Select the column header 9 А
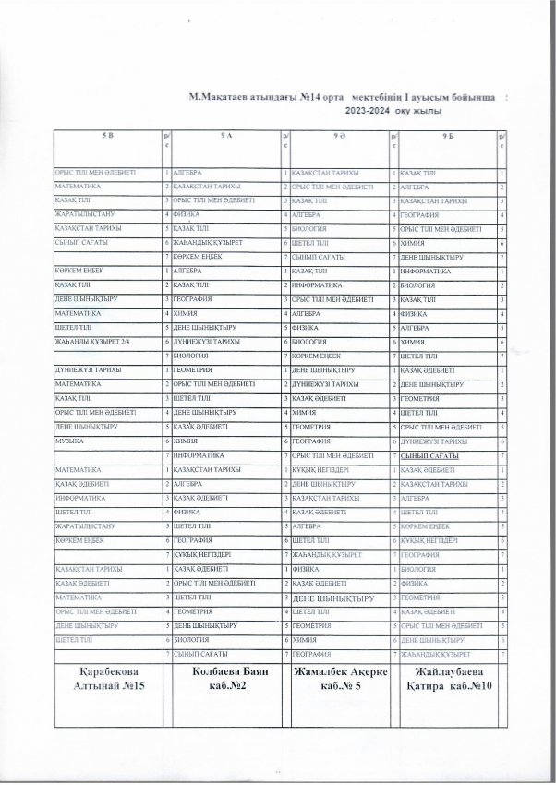225,136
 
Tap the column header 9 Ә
340,136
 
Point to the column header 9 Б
449,136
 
